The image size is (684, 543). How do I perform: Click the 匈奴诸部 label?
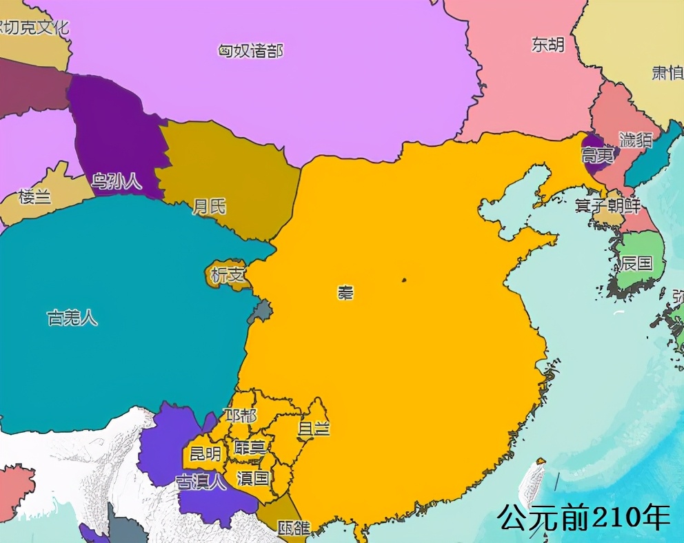250,50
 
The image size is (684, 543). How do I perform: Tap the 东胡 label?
547,45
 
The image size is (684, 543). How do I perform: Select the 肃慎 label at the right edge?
667,72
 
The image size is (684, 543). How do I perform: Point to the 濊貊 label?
635,140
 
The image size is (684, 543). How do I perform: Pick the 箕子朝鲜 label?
607,206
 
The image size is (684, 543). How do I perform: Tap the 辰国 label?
636,263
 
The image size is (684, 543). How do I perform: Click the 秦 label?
345,292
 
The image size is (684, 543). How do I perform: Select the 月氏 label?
209,207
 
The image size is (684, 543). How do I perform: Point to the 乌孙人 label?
117,182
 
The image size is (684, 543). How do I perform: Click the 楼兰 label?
34,197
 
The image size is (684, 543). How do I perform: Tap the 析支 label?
228,275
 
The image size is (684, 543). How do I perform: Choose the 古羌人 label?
72,318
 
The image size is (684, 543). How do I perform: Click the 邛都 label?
241,416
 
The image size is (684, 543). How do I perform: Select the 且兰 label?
314,428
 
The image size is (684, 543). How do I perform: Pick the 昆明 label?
205,454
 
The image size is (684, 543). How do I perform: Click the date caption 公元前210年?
583,518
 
